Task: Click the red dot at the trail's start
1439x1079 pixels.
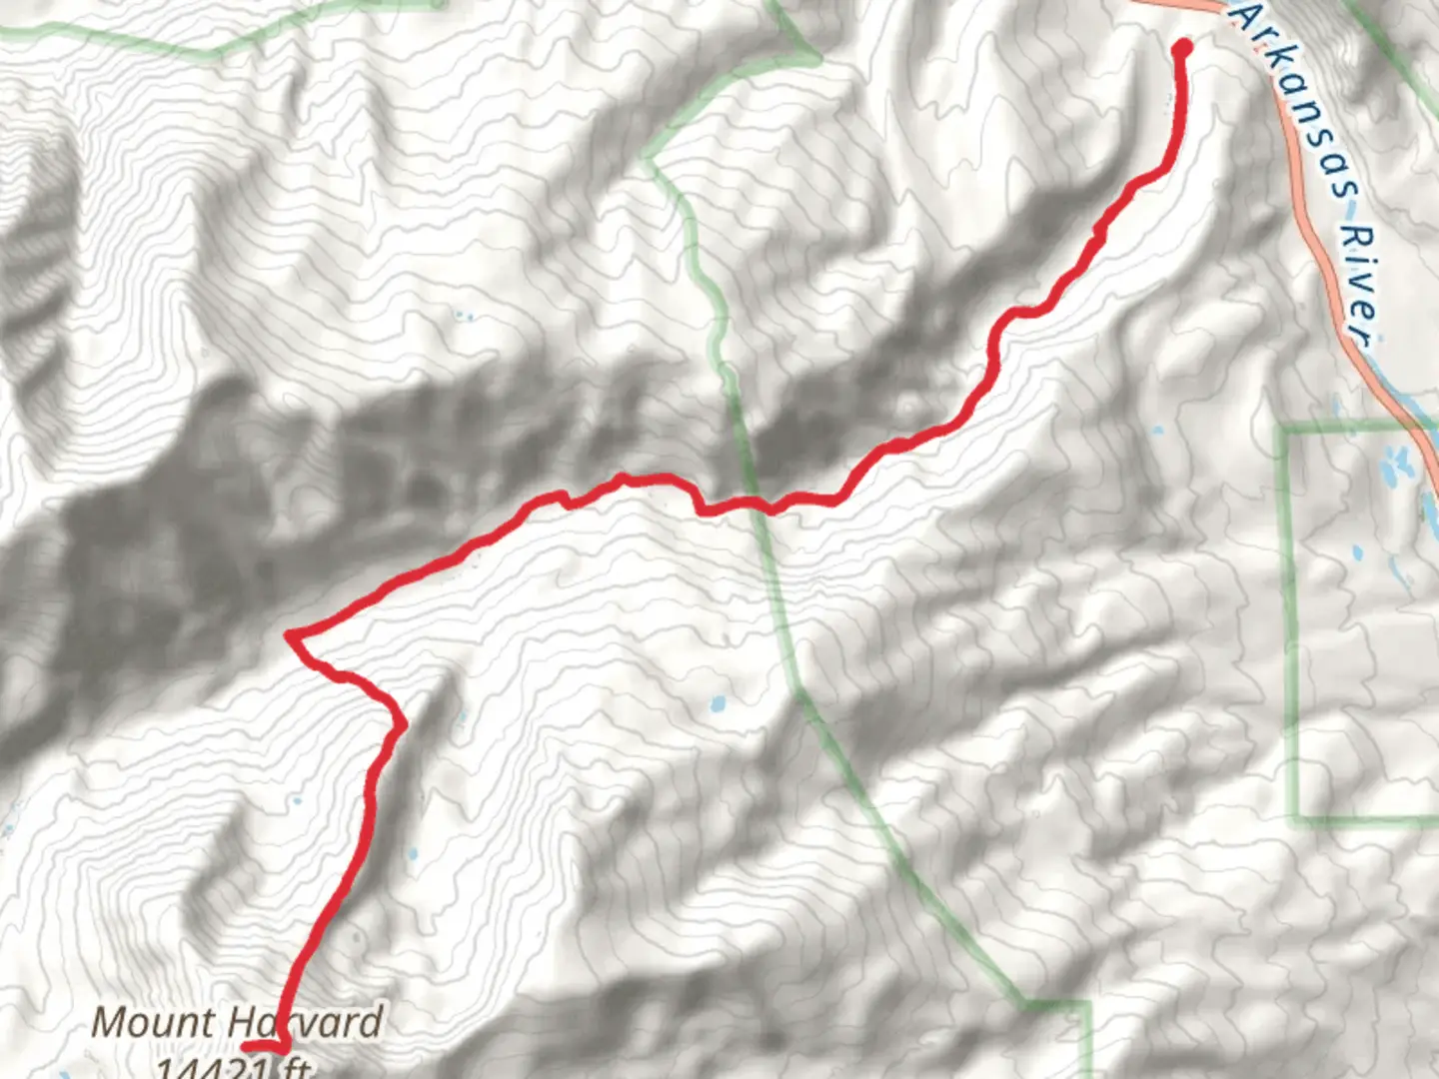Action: [1182, 47]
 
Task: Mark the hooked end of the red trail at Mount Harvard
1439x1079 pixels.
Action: [250, 1046]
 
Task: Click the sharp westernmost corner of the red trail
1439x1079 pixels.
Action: [290, 634]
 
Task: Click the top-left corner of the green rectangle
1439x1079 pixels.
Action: [1285, 429]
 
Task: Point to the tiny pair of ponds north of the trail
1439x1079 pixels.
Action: [464, 318]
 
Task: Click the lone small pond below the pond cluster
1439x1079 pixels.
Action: [1357, 550]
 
